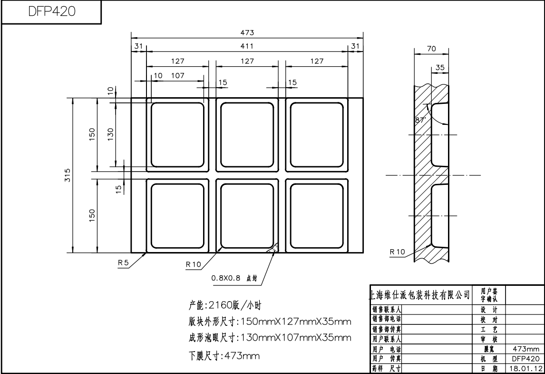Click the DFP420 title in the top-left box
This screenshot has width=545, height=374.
pos(52,12)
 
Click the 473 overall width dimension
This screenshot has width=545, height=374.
pos(247,32)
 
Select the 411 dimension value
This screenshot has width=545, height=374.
pos(247,46)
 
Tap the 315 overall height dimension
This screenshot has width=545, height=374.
pos(68,175)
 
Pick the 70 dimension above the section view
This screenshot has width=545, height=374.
pos(431,48)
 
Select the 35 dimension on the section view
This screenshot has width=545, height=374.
pos(440,68)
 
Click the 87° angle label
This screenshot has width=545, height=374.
pos(420,121)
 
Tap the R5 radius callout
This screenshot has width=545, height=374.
pos(124,263)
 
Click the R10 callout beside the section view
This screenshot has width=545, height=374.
pos(397,251)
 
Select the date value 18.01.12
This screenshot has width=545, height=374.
pos(525,368)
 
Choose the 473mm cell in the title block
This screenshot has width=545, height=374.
pos(525,349)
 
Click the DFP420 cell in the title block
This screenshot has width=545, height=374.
pos(525,359)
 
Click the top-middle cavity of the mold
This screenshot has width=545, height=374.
pos(247,133)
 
